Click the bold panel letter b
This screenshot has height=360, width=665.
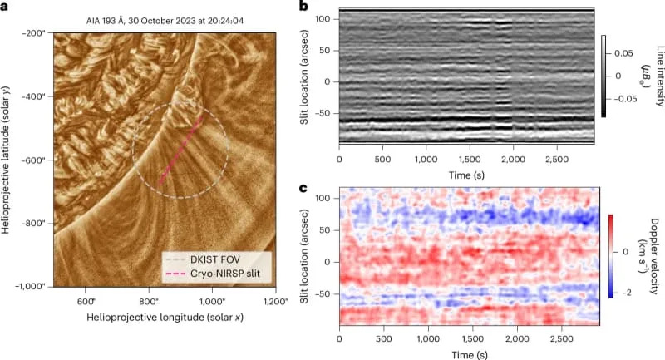click(303, 7)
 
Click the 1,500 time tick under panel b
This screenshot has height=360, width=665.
click(471, 158)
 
